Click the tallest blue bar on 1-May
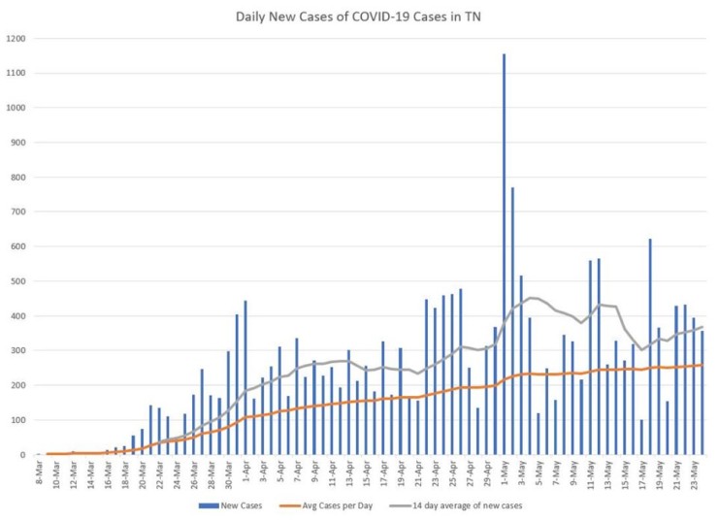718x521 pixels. (504, 254)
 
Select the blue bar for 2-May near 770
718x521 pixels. (512, 320)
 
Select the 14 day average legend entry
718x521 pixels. (465, 505)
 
